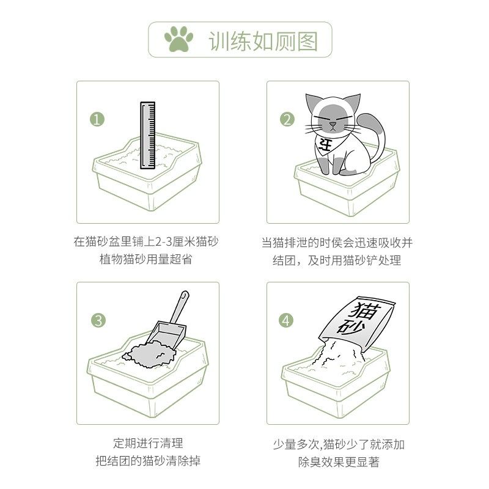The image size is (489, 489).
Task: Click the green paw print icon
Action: click(x=178, y=40)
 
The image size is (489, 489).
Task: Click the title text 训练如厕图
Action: click(x=263, y=40)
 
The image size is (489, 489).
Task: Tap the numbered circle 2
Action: click(x=287, y=119)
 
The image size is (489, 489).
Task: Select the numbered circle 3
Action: click(x=97, y=320)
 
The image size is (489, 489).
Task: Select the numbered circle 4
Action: click(x=287, y=320)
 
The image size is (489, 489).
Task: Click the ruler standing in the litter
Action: click(x=147, y=136)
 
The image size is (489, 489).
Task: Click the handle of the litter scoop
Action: click(x=183, y=309)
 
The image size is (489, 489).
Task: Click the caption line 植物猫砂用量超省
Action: click(x=146, y=260)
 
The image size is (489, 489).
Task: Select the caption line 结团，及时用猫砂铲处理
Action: click(x=337, y=260)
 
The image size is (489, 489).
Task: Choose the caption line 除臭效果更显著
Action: click(x=337, y=462)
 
